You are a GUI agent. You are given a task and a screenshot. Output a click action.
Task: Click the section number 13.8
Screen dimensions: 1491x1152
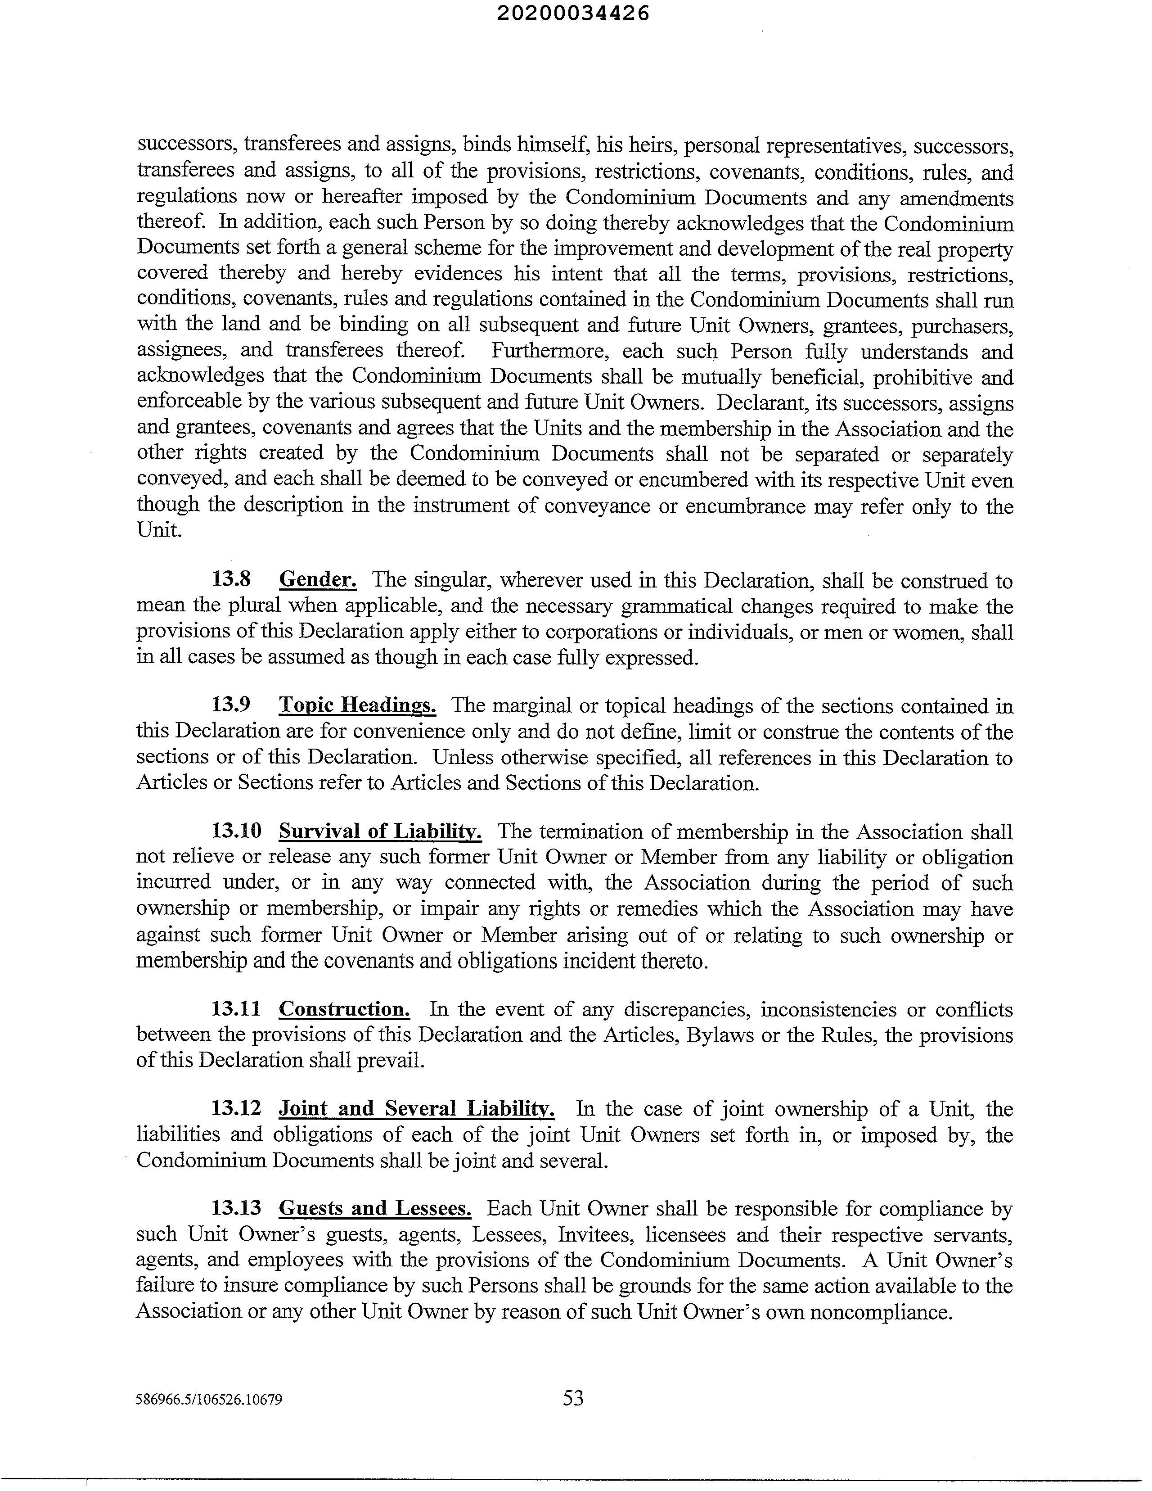pyautogui.click(x=231, y=579)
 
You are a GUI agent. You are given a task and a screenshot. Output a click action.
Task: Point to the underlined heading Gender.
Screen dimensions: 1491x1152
pyautogui.click(x=318, y=579)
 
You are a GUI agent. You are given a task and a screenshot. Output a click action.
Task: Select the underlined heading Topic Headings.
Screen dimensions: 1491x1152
pyautogui.click(x=358, y=705)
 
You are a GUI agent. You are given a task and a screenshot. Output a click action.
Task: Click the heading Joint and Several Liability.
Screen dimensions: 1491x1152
pyautogui.click(x=416, y=1109)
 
